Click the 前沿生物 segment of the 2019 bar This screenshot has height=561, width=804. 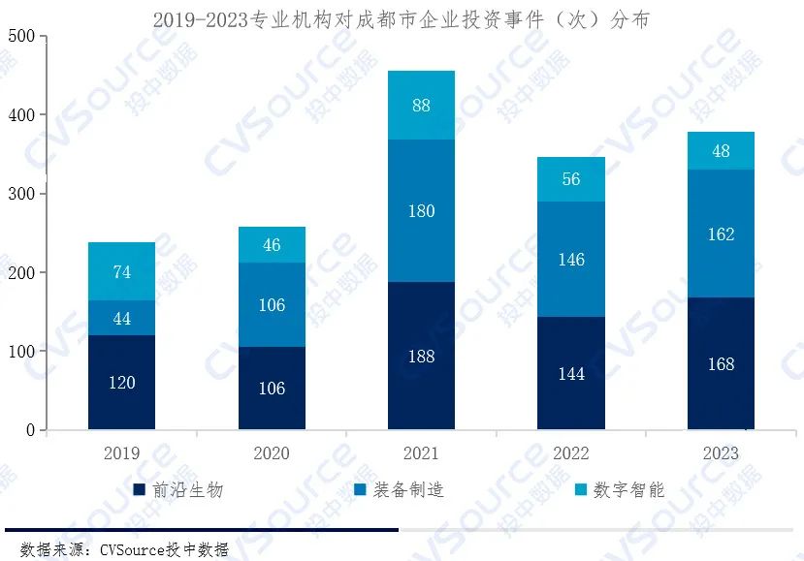tap(121, 382)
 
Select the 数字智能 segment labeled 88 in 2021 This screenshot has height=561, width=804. tap(421, 105)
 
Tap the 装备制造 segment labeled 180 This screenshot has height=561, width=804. tap(421, 210)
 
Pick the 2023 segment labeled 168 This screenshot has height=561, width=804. tap(721, 363)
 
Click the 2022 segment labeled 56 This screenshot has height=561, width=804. tap(571, 178)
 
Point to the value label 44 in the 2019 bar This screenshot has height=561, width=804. tap(122, 318)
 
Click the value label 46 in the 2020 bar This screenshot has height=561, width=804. tap(272, 245)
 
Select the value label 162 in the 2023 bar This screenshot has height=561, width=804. tap(721, 234)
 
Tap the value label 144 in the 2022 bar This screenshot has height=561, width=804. tap(571, 373)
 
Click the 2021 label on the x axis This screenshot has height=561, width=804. tap(421, 452)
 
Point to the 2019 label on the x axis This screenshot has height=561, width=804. tap(121, 452)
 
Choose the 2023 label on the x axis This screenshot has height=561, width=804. tap(721, 452)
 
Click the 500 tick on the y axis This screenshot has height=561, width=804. tap(20, 37)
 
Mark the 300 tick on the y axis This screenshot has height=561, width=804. tap(20, 194)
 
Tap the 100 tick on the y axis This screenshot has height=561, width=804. tap(20, 352)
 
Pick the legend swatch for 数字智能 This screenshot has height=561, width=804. tap(579, 490)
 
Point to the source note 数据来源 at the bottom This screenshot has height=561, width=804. tap(123, 549)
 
